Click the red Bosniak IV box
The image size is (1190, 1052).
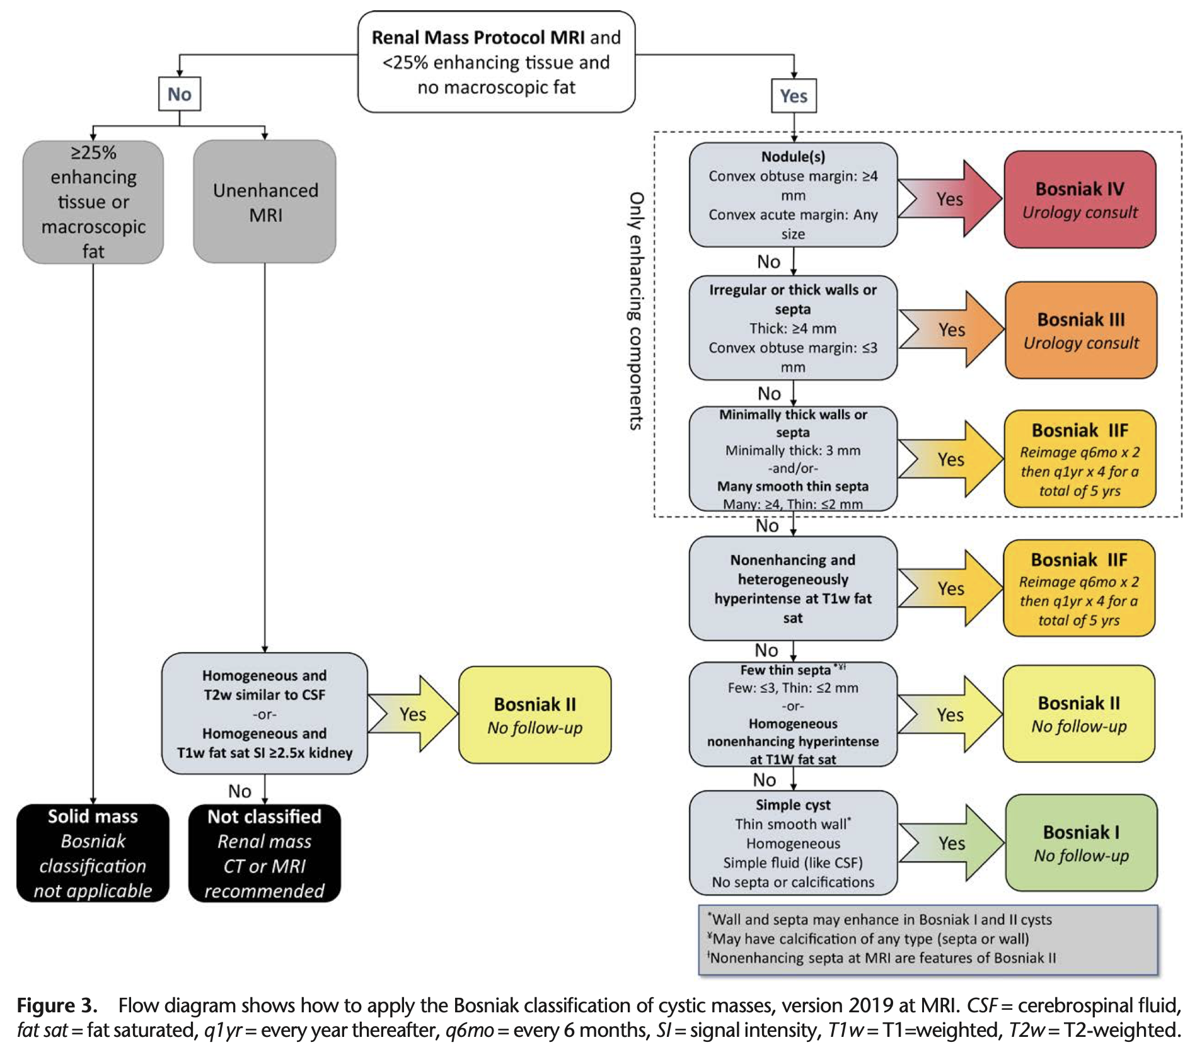pyautogui.click(x=1079, y=199)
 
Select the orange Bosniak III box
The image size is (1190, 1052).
pyautogui.click(x=1080, y=330)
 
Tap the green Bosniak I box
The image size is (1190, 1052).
pyautogui.click(x=1080, y=843)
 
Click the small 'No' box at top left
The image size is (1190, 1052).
pyautogui.click(x=180, y=94)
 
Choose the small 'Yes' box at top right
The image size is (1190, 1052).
pyautogui.click(x=794, y=96)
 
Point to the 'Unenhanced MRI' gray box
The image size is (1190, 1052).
pyautogui.click(x=265, y=202)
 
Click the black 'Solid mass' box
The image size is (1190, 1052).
pyautogui.click(x=93, y=853)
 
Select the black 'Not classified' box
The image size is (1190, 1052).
pyautogui.click(x=265, y=853)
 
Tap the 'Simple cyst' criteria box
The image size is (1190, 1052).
pyautogui.click(x=793, y=843)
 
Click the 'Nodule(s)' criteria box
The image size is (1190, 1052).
pyautogui.click(x=793, y=195)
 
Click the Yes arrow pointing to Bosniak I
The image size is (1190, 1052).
pyautogui.click(x=951, y=843)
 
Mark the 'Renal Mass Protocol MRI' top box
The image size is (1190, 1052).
pyautogui.click(x=496, y=62)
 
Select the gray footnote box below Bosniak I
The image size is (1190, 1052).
pyautogui.click(x=928, y=939)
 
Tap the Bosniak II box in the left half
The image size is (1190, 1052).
pyautogui.click(x=534, y=715)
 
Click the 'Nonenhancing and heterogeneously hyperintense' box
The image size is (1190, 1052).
pyautogui.click(x=793, y=588)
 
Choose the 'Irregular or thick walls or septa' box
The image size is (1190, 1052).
pyautogui.click(x=793, y=328)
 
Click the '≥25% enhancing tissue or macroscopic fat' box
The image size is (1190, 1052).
pyautogui.click(x=93, y=202)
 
